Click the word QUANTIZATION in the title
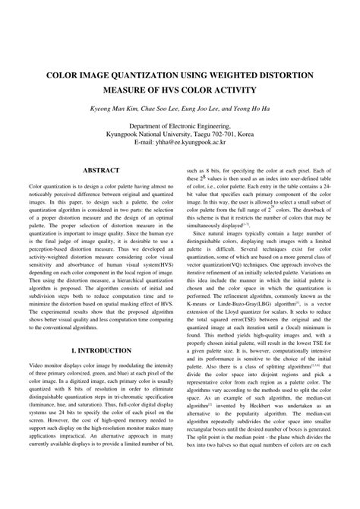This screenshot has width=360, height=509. [x=153, y=76]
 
